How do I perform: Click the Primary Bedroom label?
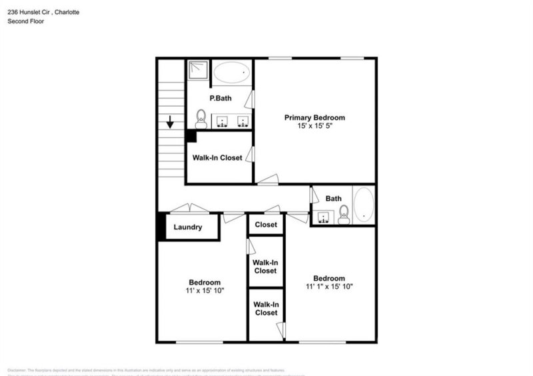314,117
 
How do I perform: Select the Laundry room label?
188,227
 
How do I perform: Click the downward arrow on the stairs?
171,123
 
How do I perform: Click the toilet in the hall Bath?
344,213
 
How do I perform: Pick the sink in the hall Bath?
324,217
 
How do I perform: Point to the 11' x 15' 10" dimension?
204,291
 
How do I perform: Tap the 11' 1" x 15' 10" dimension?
329,287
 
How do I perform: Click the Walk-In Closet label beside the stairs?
217,158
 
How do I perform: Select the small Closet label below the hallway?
266,225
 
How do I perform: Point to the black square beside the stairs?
191,136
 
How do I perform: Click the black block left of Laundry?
161,227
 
